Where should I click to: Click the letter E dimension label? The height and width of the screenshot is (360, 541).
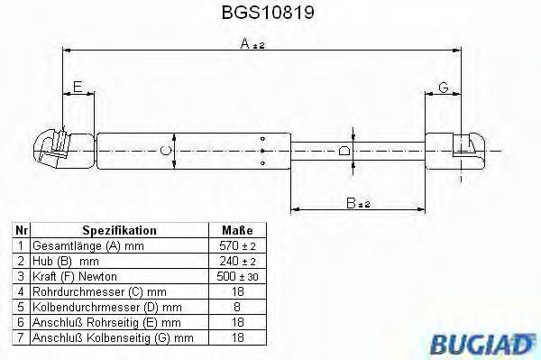(78, 87)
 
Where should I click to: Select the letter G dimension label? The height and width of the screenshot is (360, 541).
(444, 87)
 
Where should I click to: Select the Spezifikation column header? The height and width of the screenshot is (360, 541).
(119, 230)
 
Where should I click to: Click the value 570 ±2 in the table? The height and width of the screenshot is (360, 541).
(236, 245)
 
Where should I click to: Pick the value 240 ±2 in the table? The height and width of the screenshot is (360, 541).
(236, 260)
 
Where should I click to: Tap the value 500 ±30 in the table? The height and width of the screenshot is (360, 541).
(236, 275)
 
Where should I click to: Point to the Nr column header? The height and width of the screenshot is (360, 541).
(20, 230)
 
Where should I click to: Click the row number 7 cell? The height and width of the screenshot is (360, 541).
(20, 338)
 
